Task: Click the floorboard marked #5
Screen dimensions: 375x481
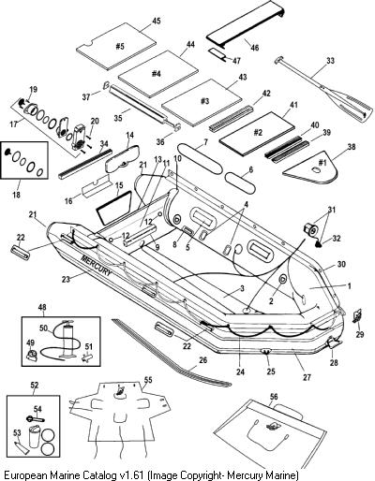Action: click(116, 46)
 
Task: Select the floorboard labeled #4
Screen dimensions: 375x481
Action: click(158, 74)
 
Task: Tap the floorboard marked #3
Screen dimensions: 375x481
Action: click(202, 102)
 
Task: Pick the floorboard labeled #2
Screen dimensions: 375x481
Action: click(257, 133)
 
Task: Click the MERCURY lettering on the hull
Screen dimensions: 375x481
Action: click(96, 266)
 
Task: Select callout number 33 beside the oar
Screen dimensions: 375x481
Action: click(330, 61)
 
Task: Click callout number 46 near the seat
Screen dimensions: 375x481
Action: click(255, 48)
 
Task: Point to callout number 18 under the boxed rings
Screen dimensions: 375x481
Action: click(16, 195)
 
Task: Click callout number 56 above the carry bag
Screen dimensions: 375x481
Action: click(274, 397)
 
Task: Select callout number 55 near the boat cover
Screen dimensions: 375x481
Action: click(148, 380)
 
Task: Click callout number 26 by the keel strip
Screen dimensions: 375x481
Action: click(202, 360)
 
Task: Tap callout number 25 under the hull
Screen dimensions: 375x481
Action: click(271, 372)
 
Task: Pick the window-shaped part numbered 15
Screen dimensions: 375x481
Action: click(113, 208)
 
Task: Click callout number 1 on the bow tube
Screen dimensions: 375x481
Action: click(350, 286)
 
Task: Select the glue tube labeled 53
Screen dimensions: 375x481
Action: click(22, 446)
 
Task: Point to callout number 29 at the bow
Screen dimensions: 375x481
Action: click(360, 334)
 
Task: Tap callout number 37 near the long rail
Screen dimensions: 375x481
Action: click(86, 97)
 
